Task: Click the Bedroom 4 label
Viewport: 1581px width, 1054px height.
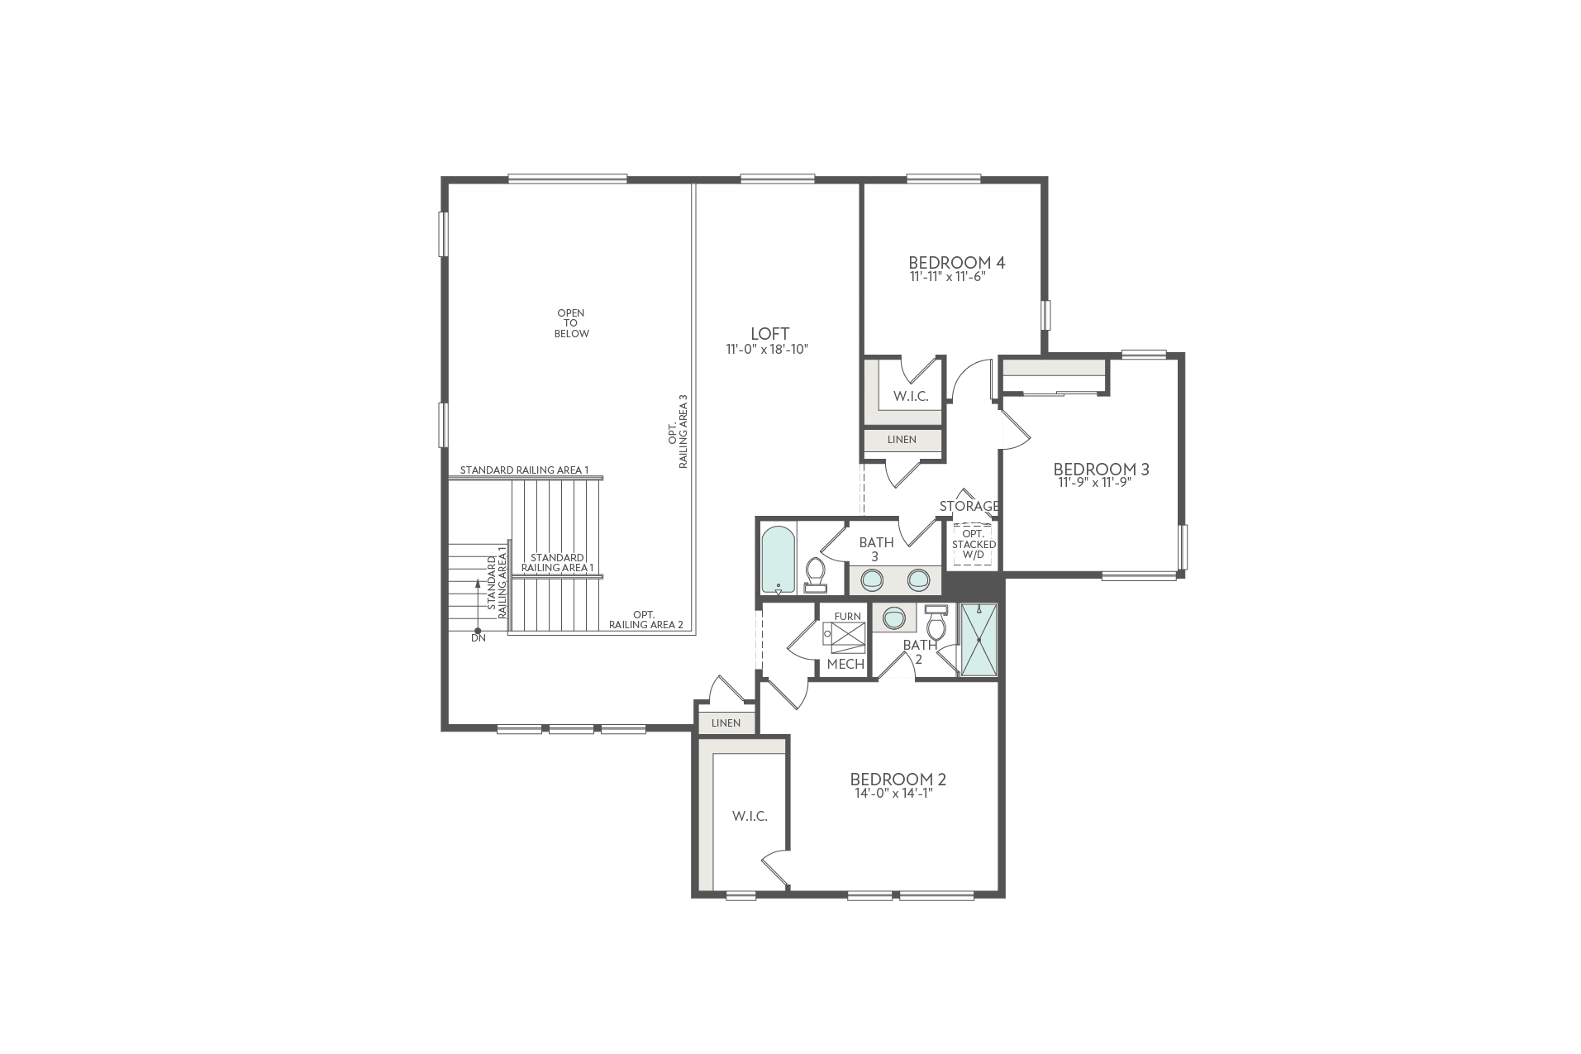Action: click(x=956, y=263)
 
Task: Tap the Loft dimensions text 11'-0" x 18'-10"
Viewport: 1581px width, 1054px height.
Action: click(x=766, y=350)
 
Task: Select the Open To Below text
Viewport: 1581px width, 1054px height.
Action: click(x=572, y=323)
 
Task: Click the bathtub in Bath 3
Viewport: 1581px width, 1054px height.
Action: click(x=778, y=560)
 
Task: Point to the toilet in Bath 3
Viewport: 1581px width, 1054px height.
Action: click(x=816, y=573)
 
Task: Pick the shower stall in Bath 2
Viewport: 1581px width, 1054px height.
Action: click(x=979, y=640)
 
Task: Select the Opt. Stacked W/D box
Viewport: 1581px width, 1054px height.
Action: click(x=974, y=545)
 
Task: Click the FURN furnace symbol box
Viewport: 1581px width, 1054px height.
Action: click(x=846, y=637)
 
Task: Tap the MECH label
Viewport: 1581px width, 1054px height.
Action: click(x=845, y=664)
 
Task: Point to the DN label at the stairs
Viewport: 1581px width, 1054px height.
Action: click(x=478, y=637)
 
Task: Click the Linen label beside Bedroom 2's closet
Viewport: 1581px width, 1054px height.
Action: click(x=726, y=723)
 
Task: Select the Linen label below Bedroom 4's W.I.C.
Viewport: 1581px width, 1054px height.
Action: click(x=902, y=440)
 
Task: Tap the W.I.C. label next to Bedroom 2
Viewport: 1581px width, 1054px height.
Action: click(x=750, y=816)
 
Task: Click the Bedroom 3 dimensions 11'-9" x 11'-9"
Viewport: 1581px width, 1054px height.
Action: click(x=1093, y=483)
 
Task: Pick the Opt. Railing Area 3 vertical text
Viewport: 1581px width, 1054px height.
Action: click(x=678, y=432)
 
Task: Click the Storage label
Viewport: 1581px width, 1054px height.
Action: click(x=969, y=506)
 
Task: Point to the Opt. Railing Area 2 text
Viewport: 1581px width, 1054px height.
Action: click(x=645, y=619)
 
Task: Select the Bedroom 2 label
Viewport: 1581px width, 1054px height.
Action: click(x=898, y=779)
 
